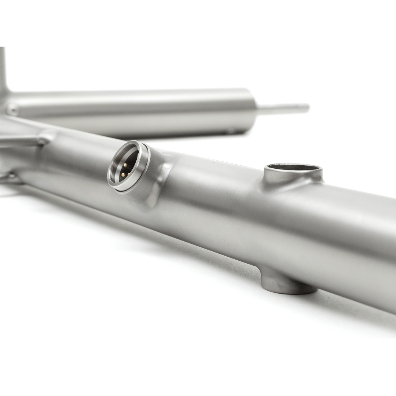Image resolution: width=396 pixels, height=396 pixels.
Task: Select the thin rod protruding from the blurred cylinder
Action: [282, 109]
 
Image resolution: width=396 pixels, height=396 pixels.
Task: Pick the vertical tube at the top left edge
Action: [3, 70]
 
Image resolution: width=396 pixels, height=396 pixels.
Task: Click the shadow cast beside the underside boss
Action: [330, 297]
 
